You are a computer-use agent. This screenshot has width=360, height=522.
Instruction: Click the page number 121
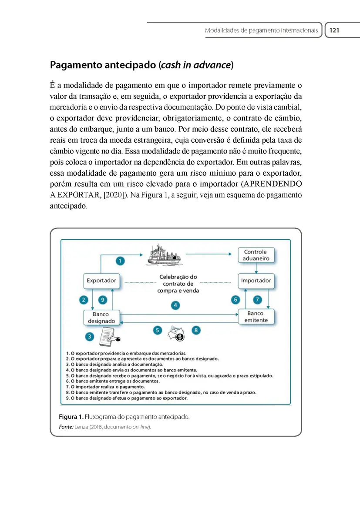(x=334, y=30)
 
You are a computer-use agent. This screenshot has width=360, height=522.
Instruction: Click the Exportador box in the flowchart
(x=101, y=281)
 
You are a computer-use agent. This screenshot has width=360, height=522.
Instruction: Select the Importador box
(x=256, y=281)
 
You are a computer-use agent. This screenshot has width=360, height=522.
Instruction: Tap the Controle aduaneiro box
(x=256, y=255)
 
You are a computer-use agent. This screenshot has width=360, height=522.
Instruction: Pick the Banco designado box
(x=101, y=318)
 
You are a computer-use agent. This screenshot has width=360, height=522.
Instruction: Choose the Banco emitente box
(x=256, y=317)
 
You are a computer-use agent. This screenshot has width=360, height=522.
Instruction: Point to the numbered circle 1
(x=121, y=261)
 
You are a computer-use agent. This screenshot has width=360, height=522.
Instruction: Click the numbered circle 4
(x=175, y=305)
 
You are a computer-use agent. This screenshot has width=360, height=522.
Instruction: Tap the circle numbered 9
(x=103, y=300)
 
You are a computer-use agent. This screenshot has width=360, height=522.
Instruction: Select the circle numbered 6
(x=236, y=299)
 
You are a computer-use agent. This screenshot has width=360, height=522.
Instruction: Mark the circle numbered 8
(x=196, y=331)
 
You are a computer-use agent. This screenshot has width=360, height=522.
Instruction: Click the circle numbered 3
(x=89, y=336)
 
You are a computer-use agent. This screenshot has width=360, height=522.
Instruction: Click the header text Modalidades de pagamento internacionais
(x=261, y=30)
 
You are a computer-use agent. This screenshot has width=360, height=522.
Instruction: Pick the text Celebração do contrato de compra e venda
(x=178, y=284)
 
